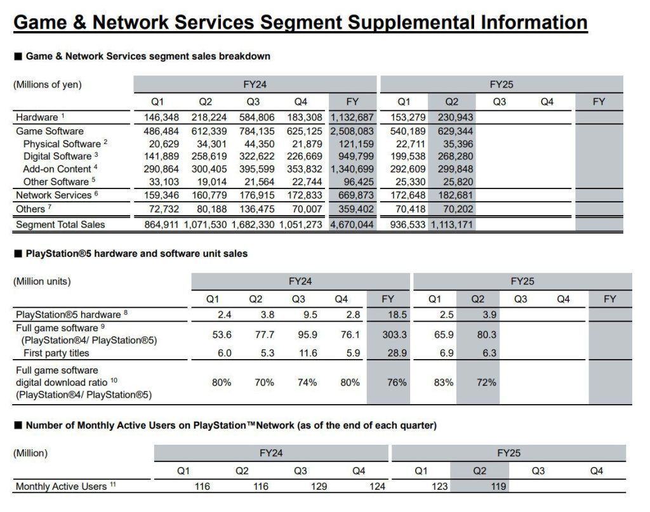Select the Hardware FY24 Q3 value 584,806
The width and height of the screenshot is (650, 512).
click(258, 117)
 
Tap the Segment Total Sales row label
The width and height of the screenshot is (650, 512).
click(60, 225)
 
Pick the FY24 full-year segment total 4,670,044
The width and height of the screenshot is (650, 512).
click(352, 225)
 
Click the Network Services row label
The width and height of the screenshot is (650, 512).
click(54, 195)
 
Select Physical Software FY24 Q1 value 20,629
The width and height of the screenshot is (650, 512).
click(162, 144)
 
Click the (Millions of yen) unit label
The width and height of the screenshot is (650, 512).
click(48, 84)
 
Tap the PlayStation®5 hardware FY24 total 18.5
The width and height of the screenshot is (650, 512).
click(388, 315)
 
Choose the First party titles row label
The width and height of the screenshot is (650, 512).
click(56, 353)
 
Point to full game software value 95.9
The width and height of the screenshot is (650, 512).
click(307, 334)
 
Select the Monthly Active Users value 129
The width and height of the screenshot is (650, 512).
click(319, 487)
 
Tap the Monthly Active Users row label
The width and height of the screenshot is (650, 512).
click(62, 487)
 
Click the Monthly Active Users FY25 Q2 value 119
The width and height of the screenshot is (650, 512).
click(479, 487)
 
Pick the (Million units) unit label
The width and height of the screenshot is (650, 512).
click(42, 281)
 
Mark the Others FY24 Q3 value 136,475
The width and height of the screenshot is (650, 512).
click(258, 209)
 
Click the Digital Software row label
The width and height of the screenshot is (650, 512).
click(57, 156)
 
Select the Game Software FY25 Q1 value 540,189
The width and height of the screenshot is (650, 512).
click(403, 131)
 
